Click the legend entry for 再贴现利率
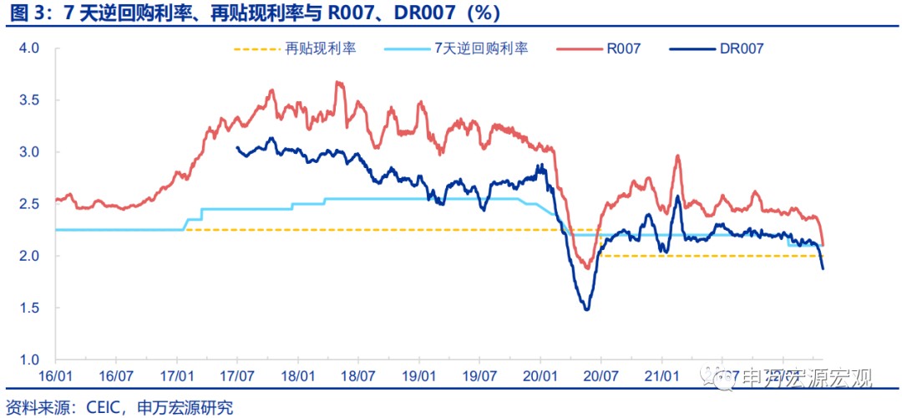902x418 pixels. click(x=321, y=48)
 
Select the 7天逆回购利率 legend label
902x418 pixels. click(x=481, y=48)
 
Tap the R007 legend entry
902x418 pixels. click(x=623, y=48)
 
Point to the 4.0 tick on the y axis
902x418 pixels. click(x=30, y=48)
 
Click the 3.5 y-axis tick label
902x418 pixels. click(x=30, y=100)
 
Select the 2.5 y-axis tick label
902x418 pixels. click(x=30, y=204)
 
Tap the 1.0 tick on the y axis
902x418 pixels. click(x=30, y=359)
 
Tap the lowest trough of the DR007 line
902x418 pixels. click(x=586, y=310)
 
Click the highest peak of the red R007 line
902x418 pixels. click(x=337, y=82)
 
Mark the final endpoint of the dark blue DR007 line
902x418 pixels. click(x=823, y=268)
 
